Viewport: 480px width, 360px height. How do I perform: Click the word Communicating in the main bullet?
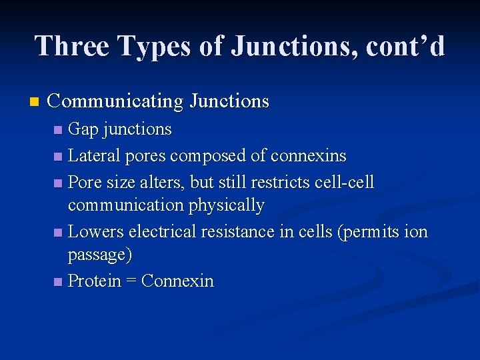pos(115,102)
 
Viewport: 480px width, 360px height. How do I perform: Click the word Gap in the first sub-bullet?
pos(83,129)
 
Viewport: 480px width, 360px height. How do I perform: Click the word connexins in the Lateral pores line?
pos(308,156)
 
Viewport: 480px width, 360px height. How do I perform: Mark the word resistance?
pos(237,232)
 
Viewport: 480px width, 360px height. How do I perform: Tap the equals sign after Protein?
pos(131,281)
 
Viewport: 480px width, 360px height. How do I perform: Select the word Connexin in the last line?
pos(178,281)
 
